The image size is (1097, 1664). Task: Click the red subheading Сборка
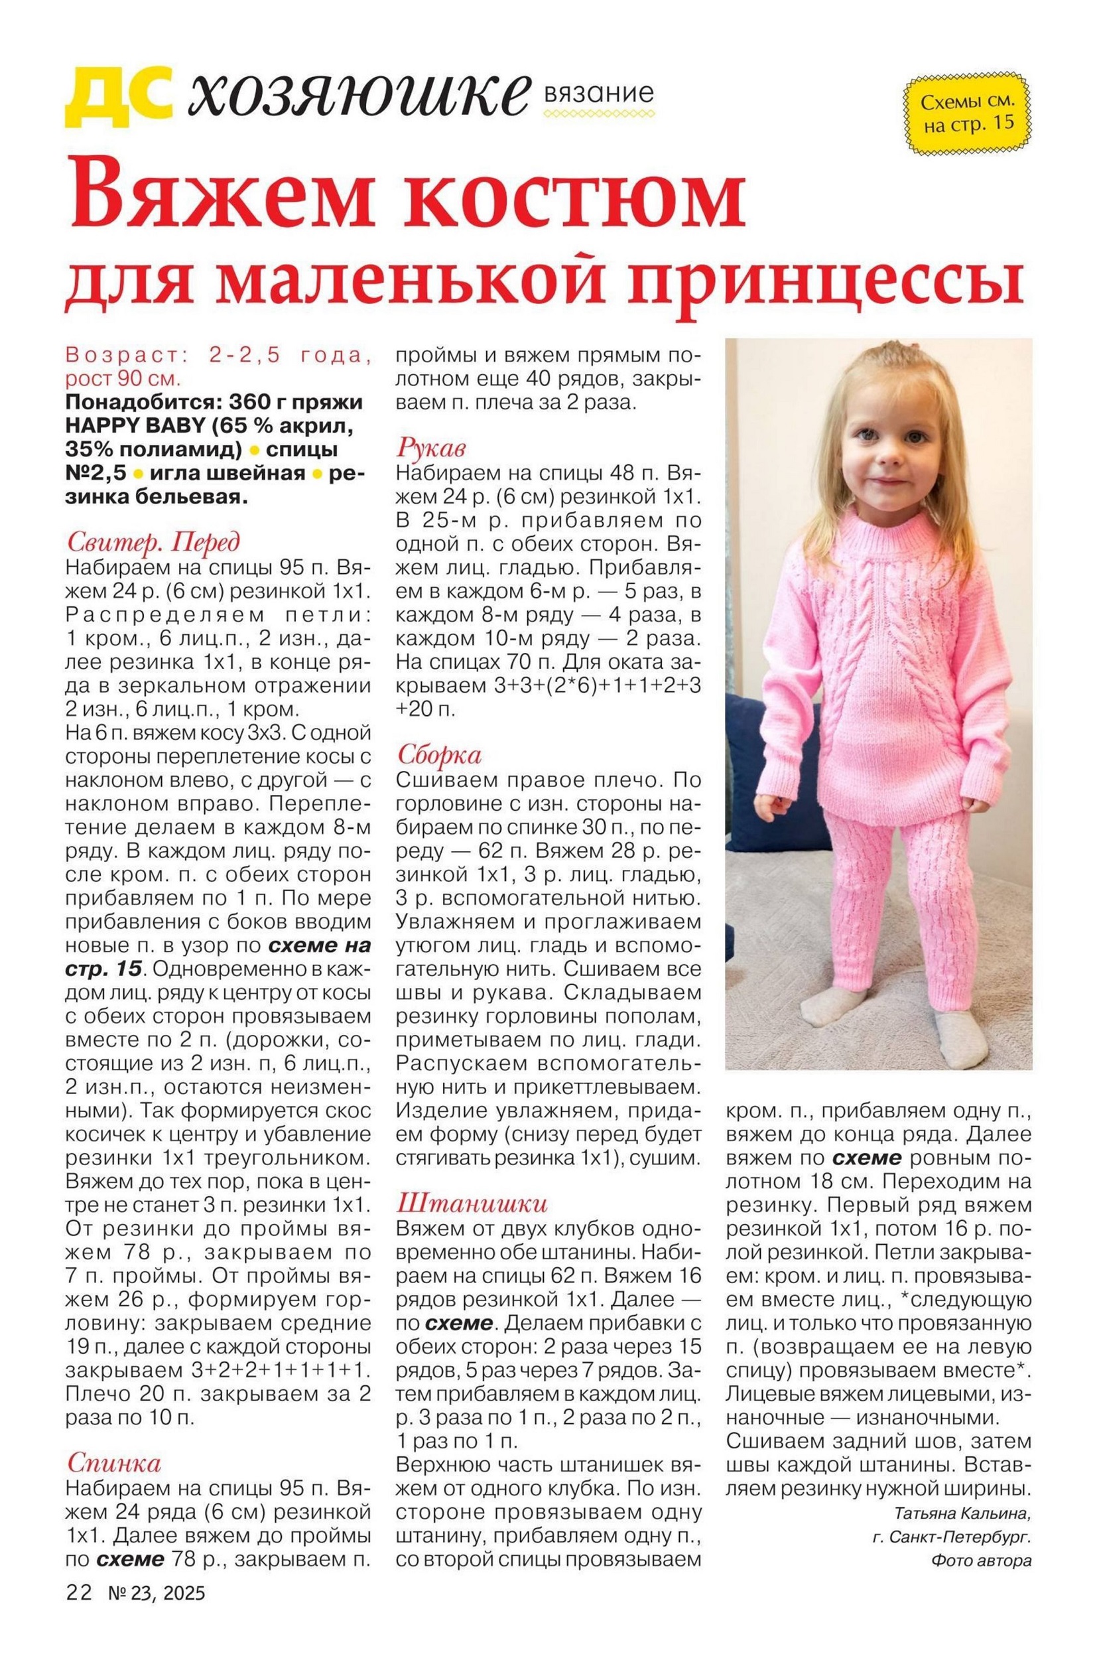coord(439,755)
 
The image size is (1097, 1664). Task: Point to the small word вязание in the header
coord(598,93)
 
